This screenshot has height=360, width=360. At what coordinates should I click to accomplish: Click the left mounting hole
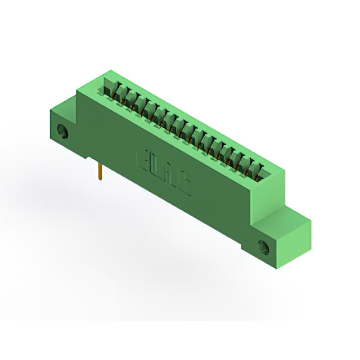(63, 133)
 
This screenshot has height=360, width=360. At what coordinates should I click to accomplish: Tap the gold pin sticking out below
(100, 172)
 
